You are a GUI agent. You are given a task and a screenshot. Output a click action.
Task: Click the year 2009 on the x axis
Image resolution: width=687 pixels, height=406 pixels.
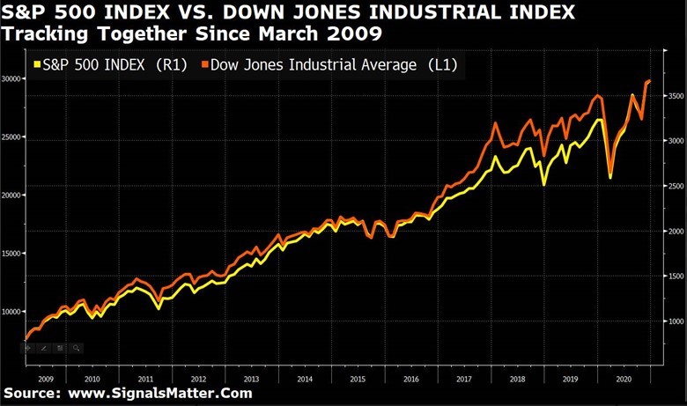coord(47,378)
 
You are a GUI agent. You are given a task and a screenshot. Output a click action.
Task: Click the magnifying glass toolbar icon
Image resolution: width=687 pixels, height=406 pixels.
coord(76,348)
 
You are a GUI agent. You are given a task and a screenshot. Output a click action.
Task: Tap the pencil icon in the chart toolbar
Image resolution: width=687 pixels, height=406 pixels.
coord(44,348)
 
